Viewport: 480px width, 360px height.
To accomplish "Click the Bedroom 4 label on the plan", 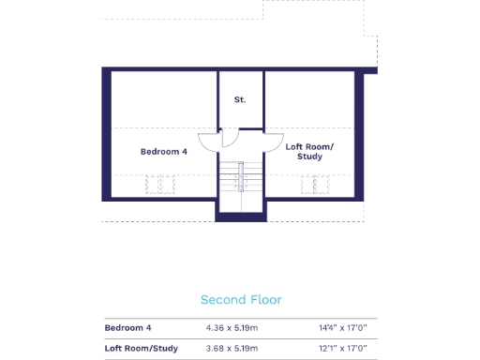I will [164, 151].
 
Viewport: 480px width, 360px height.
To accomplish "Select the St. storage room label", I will [241, 98].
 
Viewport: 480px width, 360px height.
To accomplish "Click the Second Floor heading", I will [241, 300].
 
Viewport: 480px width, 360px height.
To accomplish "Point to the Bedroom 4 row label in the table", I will [128, 328].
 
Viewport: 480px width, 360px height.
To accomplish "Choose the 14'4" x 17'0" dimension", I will [343, 328].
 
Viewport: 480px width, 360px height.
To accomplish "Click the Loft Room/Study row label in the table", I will [142, 350].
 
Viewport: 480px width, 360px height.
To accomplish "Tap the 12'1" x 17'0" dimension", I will [343, 350].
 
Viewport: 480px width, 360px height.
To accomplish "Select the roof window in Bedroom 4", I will [160, 185].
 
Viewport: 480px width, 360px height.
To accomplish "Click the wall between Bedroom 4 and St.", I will [218, 98].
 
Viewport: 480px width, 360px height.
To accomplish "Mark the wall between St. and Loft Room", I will [263, 98].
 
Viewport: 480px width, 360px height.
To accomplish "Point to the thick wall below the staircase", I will [241, 217].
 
